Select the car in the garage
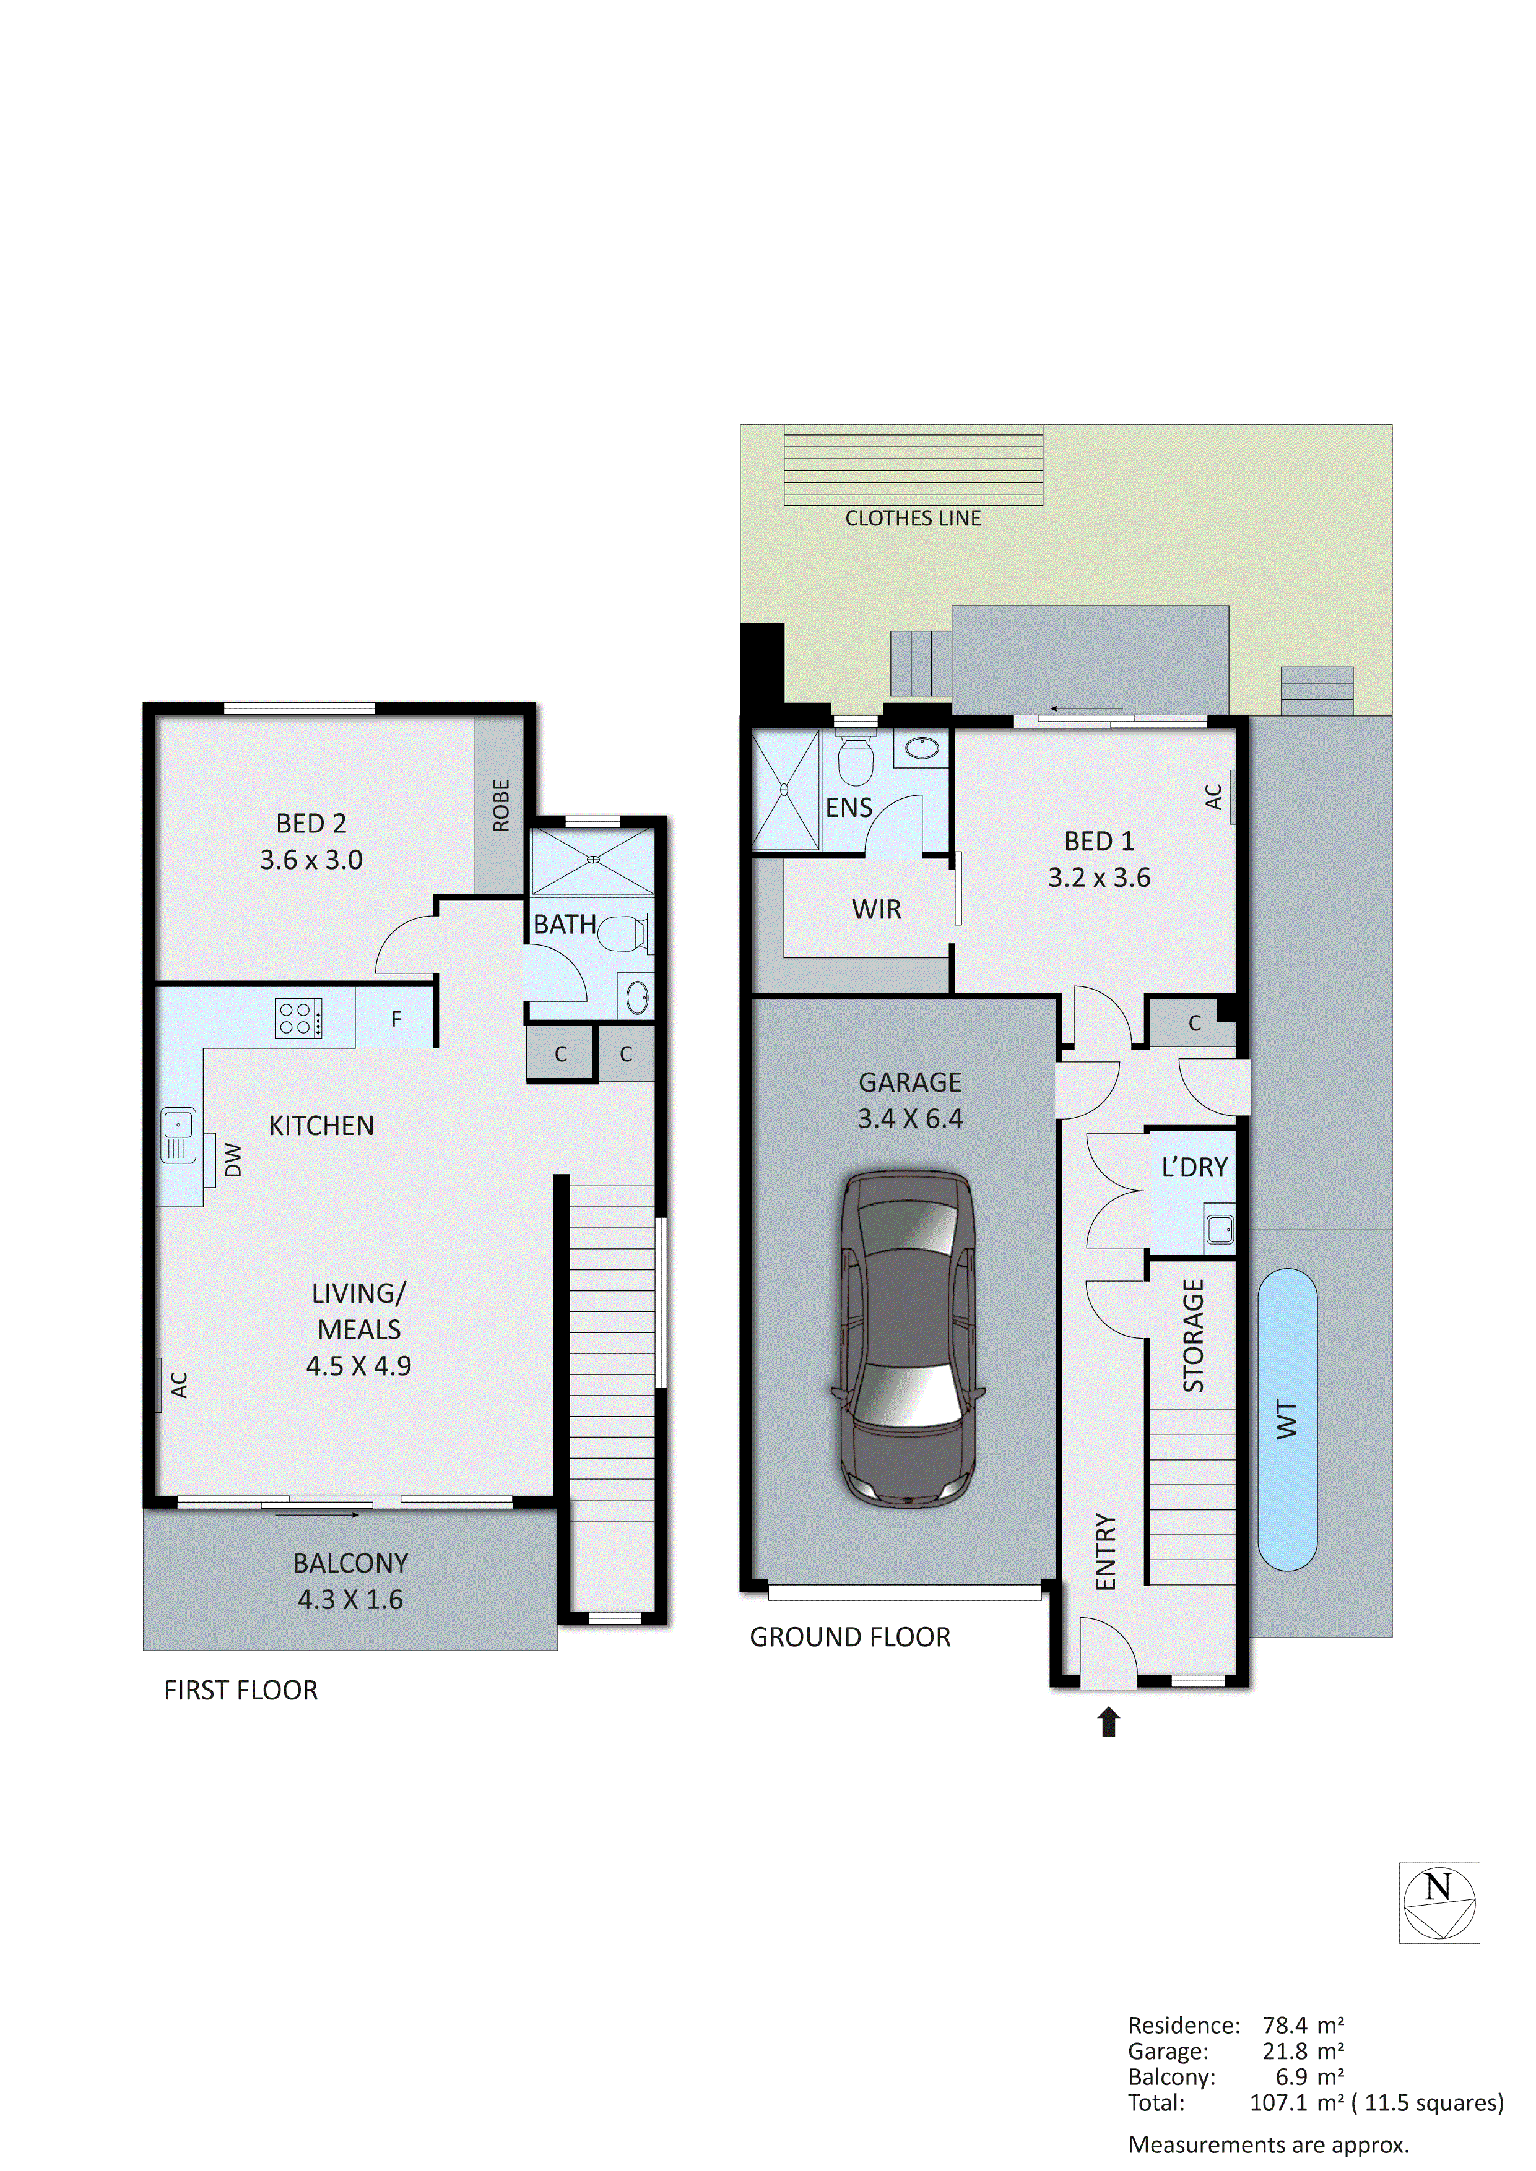click(908, 1340)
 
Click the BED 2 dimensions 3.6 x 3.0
click(311, 860)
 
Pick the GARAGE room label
click(910, 1082)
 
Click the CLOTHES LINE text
click(913, 518)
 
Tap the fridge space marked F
click(396, 1019)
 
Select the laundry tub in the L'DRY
click(1220, 1229)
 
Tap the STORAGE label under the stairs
click(1194, 1335)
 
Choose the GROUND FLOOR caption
click(849, 1638)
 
